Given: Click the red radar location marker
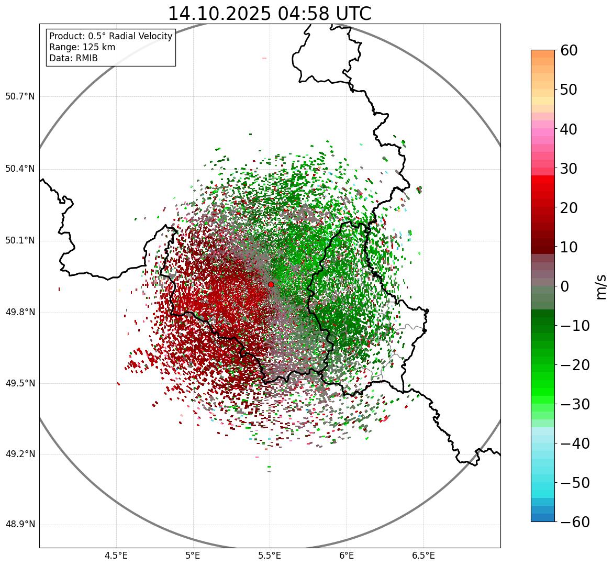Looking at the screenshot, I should pyautogui.click(x=271, y=284).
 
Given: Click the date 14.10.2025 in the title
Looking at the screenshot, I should pyautogui.click(x=220, y=14).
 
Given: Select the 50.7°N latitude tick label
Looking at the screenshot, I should pyautogui.click(x=20, y=97).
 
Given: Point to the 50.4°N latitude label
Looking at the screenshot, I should pyautogui.click(x=20, y=169).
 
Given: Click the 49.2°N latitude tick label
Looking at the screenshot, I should pyautogui.click(x=20, y=454).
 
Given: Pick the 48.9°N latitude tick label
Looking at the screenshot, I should pyautogui.click(x=20, y=525).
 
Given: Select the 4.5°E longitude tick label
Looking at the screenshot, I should pyautogui.click(x=116, y=556).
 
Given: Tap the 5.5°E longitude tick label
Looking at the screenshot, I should pyautogui.click(x=270, y=556).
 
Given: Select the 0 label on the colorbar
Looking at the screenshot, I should pyautogui.click(x=565, y=286).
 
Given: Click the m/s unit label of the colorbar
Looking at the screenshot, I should pyautogui.click(x=601, y=286).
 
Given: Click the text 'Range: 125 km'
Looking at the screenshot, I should pyautogui.click(x=82, y=47).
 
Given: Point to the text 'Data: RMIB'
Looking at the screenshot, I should pyautogui.click(x=73, y=58).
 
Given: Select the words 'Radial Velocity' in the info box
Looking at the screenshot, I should pyautogui.click(x=140, y=36).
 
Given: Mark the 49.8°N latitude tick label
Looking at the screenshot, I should pyautogui.click(x=20, y=313).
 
